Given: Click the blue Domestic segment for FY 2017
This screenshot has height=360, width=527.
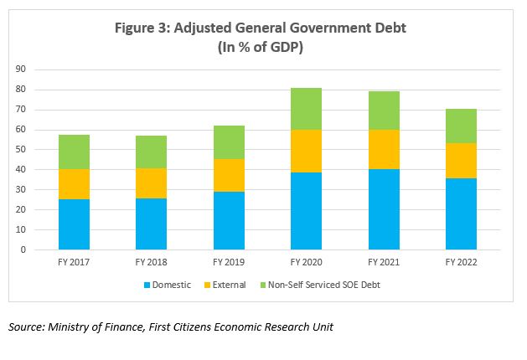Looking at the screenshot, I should click(74, 224).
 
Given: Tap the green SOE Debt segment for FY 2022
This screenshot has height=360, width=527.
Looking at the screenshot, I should click(460, 126).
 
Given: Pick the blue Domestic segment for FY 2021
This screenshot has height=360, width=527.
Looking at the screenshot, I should click(383, 209).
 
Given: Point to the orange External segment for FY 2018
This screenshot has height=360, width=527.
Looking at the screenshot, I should click(151, 183).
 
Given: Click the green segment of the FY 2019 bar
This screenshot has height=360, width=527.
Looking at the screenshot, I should click(228, 142).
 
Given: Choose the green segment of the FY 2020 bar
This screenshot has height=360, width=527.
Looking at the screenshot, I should click(306, 109).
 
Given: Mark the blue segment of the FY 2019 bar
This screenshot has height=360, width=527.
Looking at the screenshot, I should click(228, 220).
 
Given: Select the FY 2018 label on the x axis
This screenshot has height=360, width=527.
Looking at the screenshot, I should click(151, 262).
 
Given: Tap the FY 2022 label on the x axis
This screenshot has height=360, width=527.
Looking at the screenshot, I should click(460, 262).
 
